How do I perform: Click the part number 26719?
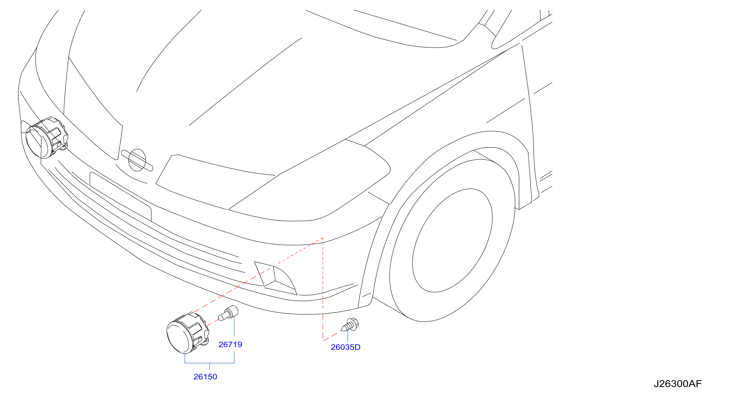pyautogui.click(x=230, y=345)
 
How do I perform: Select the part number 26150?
pyautogui.click(x=205, y=377)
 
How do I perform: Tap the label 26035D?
pyautogui.click(x=345, y=347)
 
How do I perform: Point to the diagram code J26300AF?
pyautogui.click(x=678, y=384)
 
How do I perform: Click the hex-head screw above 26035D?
pyautogui.click(x=350, y=325)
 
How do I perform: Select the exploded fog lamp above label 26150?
pyautogui.click(x=188, y=333)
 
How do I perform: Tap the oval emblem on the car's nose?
pyautogui.click(x=137, y=160)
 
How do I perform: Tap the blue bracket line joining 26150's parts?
pyautogui.click(x=209, y=363)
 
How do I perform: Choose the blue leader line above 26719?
pyautogui.click(x=234, y=326)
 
